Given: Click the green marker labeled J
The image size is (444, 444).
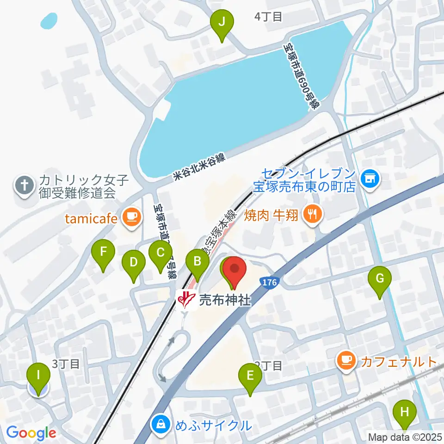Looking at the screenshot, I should pos(222,22).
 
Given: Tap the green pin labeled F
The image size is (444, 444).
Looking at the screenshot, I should pos(103,253).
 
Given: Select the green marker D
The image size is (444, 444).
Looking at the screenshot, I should pos(133,264).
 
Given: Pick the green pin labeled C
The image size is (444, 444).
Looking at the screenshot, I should pos(160,253).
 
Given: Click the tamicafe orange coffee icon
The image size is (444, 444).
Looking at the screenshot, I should pos(131,216).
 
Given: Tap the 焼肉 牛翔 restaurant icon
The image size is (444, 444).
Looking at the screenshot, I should pos(313,214).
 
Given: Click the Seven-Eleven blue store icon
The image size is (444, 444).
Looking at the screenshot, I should pos(370,177).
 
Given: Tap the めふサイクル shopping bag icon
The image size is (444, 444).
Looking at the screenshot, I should pos(161,423).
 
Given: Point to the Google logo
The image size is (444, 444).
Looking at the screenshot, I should pos(31,433).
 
